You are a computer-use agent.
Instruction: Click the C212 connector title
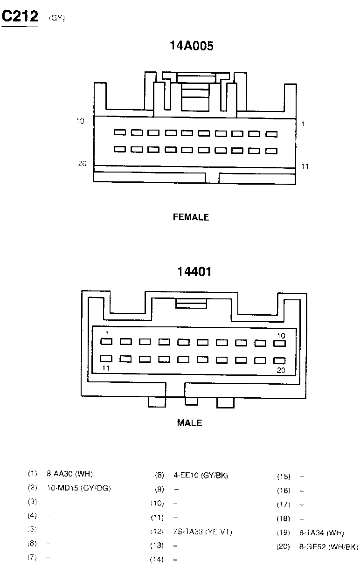[20, 17]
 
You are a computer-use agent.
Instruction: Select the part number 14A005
[191, 46]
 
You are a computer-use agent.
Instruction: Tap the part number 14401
[194, 271]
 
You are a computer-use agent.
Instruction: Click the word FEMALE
[191, 217]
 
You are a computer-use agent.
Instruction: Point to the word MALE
[189, 423]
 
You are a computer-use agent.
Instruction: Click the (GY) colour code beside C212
[57, 18]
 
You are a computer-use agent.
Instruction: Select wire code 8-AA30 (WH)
[70, 474]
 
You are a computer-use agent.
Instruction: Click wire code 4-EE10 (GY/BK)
[201, 476]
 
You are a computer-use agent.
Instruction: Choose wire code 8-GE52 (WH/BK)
[328, 546]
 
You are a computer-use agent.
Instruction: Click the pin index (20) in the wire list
[284, 546]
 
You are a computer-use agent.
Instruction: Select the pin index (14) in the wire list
[157, 560]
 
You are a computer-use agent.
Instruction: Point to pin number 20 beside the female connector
[83, 164]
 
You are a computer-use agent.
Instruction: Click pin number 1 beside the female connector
[303, 124]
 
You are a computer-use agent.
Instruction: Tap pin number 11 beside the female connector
[305, 166]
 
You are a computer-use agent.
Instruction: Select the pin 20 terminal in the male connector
[279, 360]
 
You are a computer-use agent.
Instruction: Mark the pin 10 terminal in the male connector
[279, 344]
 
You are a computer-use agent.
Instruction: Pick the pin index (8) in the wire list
[159, 476]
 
